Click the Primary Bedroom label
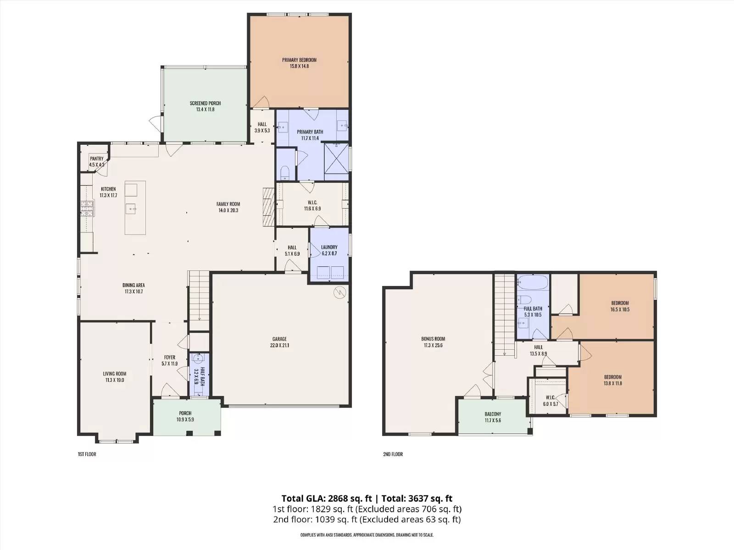click(299, 60)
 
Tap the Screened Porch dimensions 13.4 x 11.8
click(206, 110)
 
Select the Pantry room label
click(97, 159)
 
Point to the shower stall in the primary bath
click(336, 162)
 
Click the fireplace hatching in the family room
click(268, 207)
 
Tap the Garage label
click(279, 339)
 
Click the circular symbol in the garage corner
click(339, 293)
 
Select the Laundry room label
click(329, 247)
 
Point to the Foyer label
click(170, 357)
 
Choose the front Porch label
click(185, 413)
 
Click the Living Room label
click(115, 374)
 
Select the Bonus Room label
click(433, 339)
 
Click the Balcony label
click(493, 414)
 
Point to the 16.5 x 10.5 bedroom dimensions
click(620, 309)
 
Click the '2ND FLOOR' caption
click(393, 454)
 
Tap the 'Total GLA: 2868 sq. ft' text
click(326, 499)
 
